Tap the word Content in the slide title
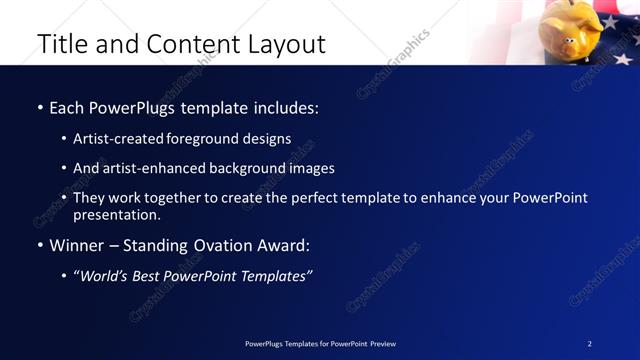(190, 44)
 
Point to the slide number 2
(590, 344)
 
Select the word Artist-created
(113, 139)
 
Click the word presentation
(115, 215)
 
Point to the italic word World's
(105, 276)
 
